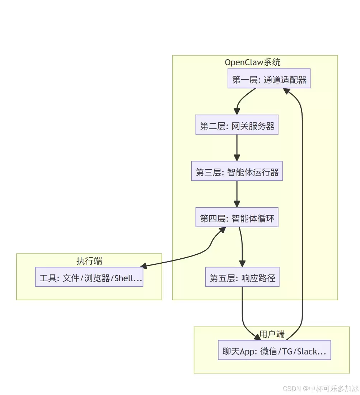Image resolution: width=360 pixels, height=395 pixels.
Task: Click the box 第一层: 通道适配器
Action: pyautogui.click(x=269, y=78)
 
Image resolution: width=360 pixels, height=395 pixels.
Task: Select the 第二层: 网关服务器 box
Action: pyautogui.click(x=237, y=125)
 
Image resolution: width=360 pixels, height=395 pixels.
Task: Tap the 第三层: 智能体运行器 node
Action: pyautogui.click(x=237, y=171)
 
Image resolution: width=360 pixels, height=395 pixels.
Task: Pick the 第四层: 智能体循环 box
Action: pyautogui.click(x=237, y=217)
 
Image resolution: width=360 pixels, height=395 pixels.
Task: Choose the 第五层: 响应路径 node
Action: pyautogui.click(x=242, y=277)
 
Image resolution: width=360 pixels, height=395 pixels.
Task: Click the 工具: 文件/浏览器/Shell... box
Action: pyautogui.click(x=89, y=277)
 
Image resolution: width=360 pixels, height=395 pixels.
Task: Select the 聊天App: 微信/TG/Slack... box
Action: pyautogui.click(x=274, y=350)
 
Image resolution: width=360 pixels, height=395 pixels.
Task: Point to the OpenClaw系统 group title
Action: pyautogui.click(x=253, y=62)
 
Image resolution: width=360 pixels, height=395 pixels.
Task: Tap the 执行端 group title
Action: pyautogui.click(x=89, y=261)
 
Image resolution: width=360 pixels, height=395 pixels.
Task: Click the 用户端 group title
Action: pyautogui.click(x=272, y=334)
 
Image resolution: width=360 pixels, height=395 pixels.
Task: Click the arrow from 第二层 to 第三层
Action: pyautogui.click(x=237, y=147)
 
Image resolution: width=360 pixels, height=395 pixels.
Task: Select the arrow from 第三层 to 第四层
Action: pyautogui.click(x=237, y=194)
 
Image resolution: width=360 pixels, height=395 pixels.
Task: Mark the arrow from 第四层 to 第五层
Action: pyautogui.click(x=242, y=247)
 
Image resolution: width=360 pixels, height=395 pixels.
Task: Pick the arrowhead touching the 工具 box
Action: pyautogui.click(x=144, y=265)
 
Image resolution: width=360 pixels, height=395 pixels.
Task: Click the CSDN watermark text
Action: pyautogui.click(x=321, y=388)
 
